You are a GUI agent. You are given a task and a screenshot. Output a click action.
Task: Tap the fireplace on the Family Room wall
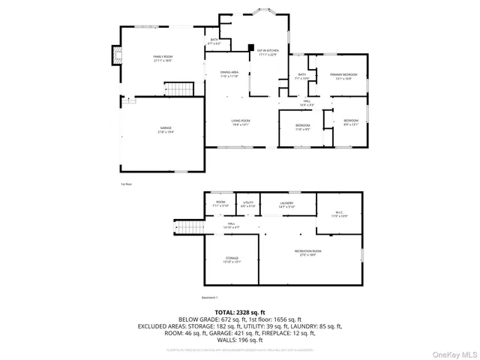click(x=115, y=55)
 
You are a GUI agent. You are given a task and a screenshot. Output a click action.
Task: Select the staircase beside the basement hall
click(x=190, y=228)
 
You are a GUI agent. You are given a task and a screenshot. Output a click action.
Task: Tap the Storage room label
click(x=232, y=259)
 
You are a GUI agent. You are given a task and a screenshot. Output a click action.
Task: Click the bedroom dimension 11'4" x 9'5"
click(x=302, y=129)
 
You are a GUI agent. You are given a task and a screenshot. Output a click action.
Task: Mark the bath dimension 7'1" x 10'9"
click(x=302, y=79)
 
